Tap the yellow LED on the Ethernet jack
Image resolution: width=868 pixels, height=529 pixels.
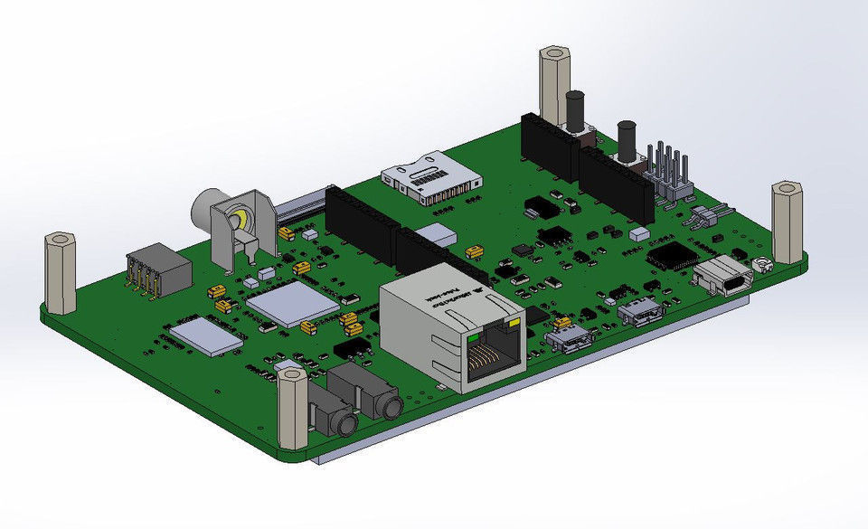click(516, 323)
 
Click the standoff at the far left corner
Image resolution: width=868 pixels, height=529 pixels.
click(61, 271)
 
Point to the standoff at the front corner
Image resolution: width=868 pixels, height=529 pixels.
click(293, 409)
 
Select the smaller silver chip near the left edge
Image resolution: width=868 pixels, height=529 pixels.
click(207, 335)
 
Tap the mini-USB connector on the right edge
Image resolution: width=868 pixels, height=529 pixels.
click(727, 276)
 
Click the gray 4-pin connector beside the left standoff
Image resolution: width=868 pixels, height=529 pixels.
click(158, 270)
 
